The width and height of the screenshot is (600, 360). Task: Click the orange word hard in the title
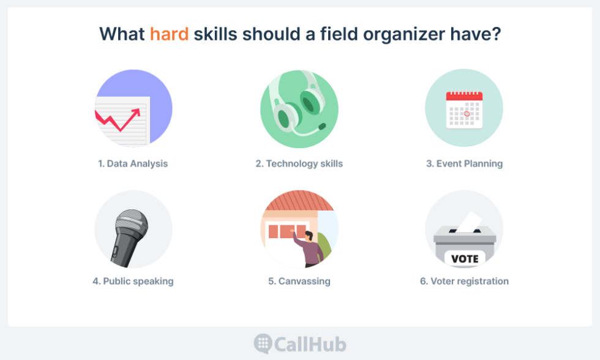pos(169,34)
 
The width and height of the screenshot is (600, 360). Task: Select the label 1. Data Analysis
pos(133,163)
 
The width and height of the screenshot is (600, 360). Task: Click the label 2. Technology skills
pos(299,163)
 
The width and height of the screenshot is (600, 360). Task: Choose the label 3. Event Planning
pos(464,163)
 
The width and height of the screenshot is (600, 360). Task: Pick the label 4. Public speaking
pos(133,281)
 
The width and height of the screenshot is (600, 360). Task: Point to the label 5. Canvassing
pos(299,281)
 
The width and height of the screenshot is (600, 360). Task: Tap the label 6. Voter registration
pos(464,281)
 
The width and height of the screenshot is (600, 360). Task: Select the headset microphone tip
pos(322,126)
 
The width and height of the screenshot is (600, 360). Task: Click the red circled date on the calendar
pos(467,114)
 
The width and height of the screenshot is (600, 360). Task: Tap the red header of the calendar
pos(464,96)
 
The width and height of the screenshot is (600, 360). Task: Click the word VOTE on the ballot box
pos(464,259)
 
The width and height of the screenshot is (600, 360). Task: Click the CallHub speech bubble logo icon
pos(263,343)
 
